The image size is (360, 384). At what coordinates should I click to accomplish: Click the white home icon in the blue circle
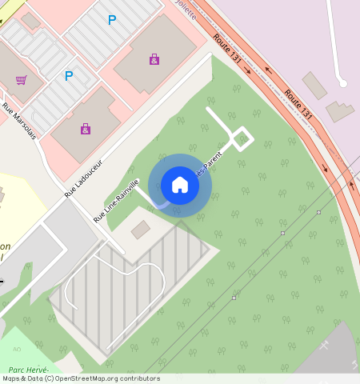pos(180,185)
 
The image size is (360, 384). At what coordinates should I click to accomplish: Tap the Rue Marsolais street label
pos(19,119)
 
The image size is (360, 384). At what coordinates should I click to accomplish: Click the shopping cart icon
pos(21,80)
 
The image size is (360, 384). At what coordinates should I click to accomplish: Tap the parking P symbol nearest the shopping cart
pos(69,76)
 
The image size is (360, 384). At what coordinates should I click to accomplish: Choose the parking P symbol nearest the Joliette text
pos(111,20)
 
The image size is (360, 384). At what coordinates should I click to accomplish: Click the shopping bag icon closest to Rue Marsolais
pos(85,128)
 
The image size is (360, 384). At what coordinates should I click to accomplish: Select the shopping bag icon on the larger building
pos(154,59)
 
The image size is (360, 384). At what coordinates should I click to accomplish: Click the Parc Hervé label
pos(29,370)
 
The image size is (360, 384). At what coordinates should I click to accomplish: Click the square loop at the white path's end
pos(242,140)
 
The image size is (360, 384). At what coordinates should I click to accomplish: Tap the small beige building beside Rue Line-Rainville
pos(140,230)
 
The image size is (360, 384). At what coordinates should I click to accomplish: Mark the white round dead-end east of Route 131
pos(342,82)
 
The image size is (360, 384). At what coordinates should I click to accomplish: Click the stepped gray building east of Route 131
pos(340,110)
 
